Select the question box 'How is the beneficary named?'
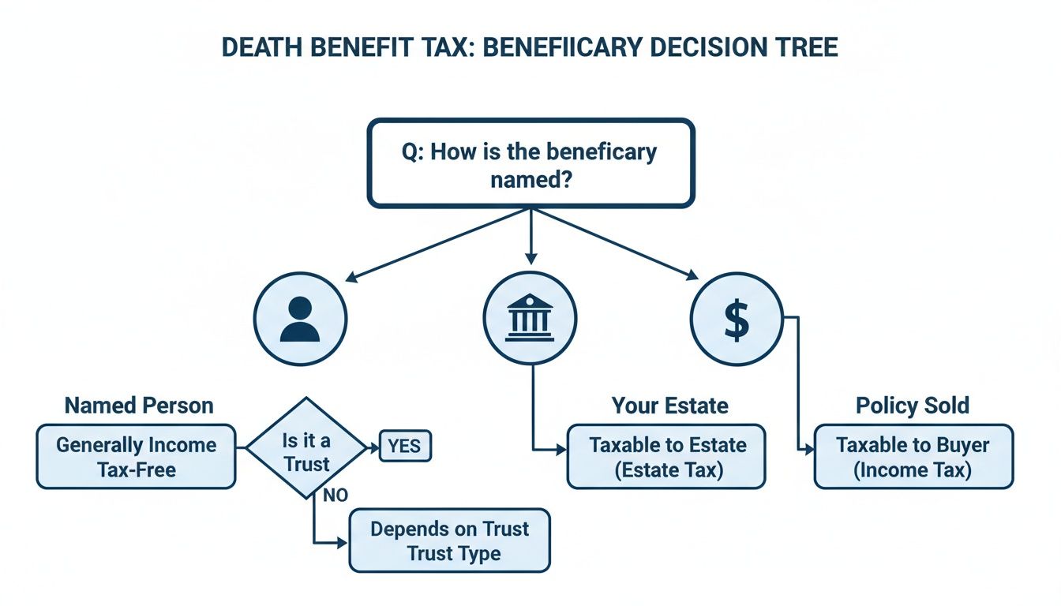click(530, 163)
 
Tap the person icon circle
click(300, 320)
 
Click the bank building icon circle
click(530, 320)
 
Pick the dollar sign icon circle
click(736, 320)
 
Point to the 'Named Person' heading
click(139, 406)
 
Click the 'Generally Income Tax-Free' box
click(136, 457)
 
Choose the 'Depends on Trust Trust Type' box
click(449, 541)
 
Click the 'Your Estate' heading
click(670, 406)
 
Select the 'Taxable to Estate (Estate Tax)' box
click(666, 457)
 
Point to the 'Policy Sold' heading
click(913, 406)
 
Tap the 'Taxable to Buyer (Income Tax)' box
click(913, 457)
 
